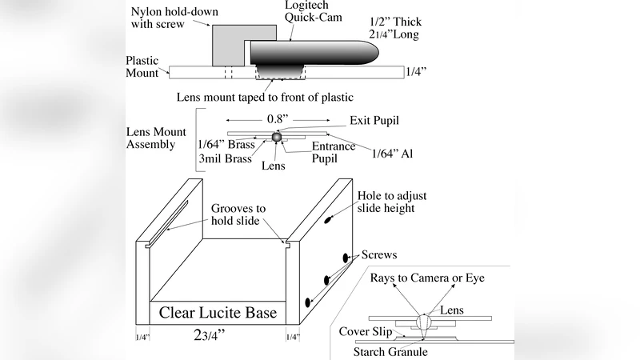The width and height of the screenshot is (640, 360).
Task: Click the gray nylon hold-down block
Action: click(228, 44)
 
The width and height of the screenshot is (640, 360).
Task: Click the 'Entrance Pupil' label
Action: click(334, 152)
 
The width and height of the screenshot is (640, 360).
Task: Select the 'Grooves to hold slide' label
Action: click(238, 214)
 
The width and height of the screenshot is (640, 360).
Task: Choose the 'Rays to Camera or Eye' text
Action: click(427, 278)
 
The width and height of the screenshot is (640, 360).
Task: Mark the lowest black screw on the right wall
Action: click(309, 302)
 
